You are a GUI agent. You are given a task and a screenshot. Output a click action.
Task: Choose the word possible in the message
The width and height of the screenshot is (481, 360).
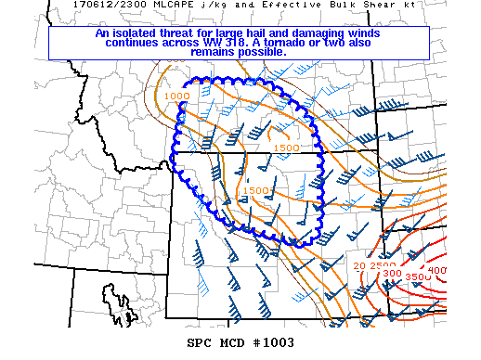coord(264,52)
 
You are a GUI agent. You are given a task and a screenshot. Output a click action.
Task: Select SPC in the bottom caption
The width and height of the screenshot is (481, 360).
coord(203,342)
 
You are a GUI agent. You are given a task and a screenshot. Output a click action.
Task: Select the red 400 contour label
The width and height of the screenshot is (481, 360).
coord(437,270)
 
